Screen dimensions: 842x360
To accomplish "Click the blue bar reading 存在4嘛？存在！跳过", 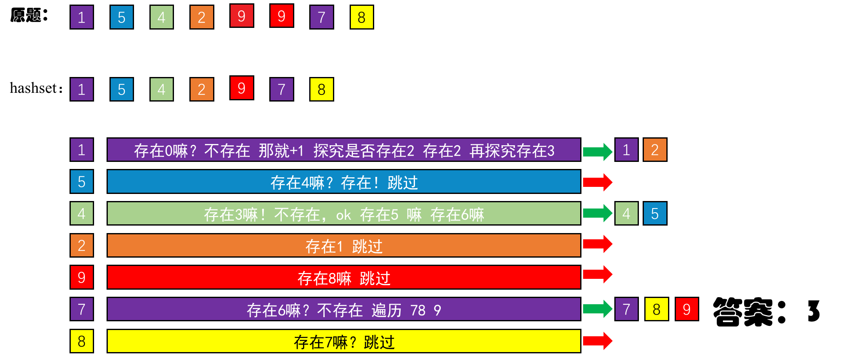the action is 344,182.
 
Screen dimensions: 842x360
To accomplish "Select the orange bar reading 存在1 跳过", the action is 344,246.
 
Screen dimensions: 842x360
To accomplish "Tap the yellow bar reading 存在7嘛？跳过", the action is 344,342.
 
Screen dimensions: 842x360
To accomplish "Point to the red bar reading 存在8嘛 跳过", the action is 344,278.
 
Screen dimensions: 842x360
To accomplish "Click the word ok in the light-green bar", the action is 343,215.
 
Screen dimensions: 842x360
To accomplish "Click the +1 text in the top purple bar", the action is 297,150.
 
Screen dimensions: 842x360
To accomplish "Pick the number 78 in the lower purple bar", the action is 418,310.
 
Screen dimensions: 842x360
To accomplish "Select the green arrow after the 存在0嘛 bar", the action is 597,151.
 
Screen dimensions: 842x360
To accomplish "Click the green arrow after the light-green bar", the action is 597,214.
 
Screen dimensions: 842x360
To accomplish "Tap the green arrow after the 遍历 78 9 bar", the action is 597,309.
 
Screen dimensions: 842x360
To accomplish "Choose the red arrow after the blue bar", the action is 597,182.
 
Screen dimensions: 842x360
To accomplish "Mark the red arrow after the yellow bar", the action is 597,341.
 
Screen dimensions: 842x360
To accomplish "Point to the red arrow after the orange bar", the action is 597,244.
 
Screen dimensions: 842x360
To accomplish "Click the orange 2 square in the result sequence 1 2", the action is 655,150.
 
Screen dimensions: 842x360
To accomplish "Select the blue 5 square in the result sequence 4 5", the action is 655,214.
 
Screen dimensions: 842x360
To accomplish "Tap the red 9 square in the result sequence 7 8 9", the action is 687,309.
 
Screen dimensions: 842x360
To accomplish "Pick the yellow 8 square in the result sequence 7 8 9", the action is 656,309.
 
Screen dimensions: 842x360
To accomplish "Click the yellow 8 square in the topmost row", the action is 361,17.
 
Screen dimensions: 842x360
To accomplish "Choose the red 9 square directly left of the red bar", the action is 82,277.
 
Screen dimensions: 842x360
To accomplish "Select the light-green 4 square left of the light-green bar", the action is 82,214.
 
